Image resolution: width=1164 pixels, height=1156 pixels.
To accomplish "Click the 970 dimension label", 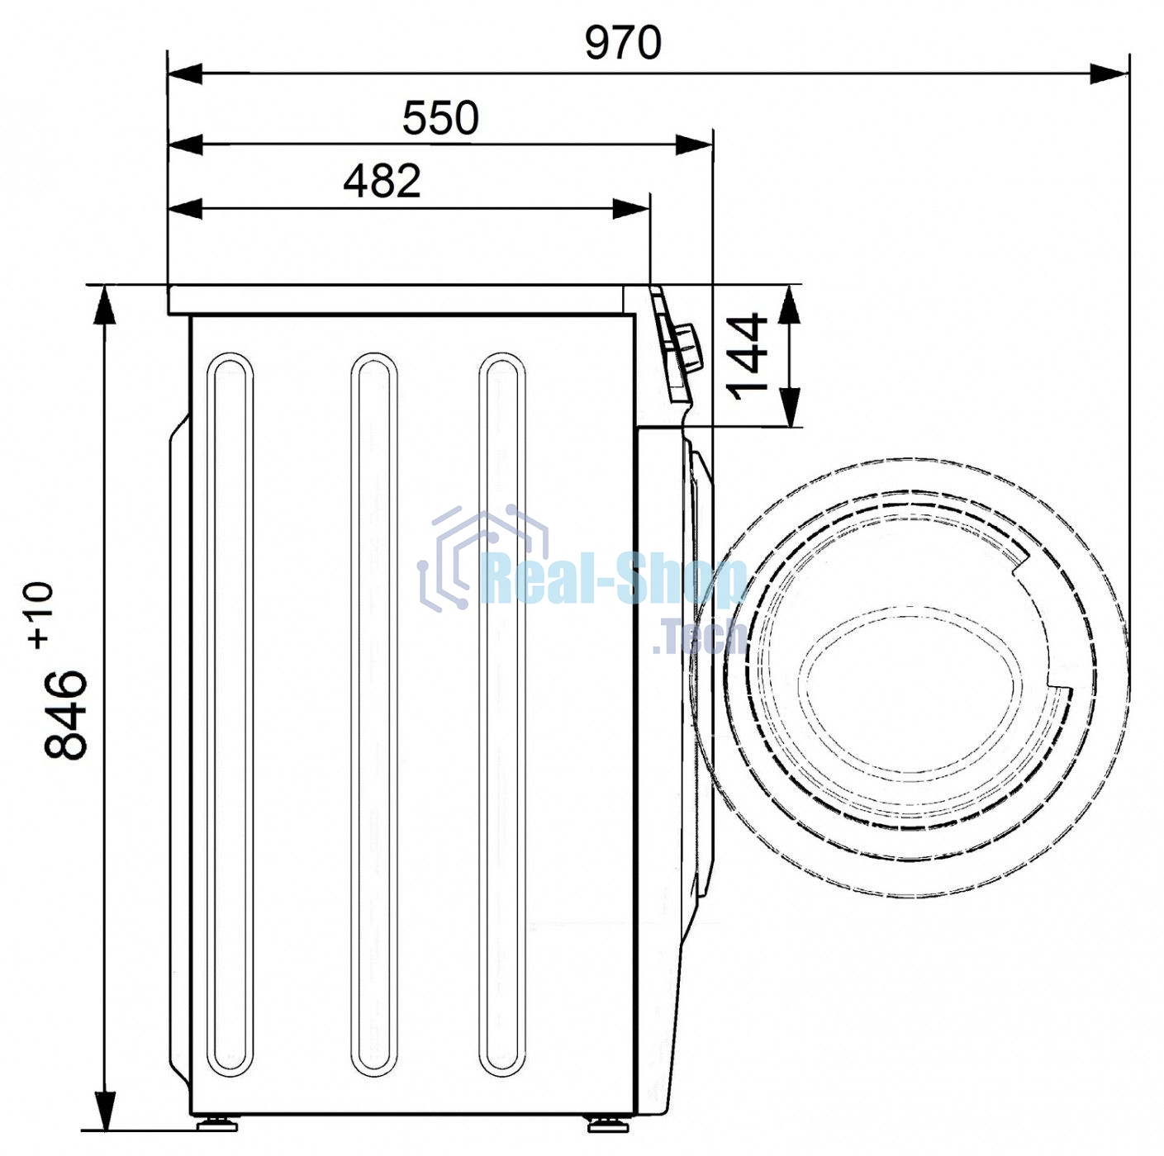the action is [x=623, y=43].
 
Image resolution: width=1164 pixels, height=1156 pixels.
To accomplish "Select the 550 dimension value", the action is [x=440, y=118].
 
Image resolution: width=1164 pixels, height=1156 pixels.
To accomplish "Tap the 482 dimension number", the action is [x=382, y=181].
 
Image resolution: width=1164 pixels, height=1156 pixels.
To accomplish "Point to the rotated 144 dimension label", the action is [x=747, y=357].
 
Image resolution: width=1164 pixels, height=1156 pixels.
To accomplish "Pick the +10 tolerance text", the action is [x=41, y=615].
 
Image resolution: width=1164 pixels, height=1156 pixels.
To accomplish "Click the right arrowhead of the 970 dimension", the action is [x=1109, y=74].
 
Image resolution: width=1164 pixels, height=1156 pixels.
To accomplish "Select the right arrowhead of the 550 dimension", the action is [x=694, y=145].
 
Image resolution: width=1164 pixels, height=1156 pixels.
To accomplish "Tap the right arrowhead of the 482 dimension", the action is [x=631, y=209].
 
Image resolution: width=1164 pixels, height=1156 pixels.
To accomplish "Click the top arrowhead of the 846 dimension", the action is [x=105, y=305].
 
